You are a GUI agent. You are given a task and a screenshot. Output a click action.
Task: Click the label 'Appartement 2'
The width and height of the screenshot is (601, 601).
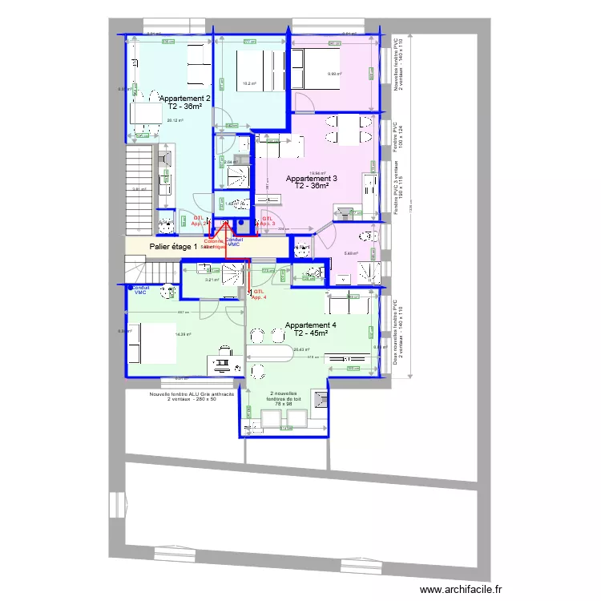[x=185, y=98]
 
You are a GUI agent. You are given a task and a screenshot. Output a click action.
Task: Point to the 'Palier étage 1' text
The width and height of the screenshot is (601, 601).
[x=173, y=247]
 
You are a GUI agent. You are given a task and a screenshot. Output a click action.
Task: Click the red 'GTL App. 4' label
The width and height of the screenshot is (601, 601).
[x=258, y=294]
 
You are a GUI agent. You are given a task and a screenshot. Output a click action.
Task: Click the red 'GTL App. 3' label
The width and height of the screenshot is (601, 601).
[x=268, y=220]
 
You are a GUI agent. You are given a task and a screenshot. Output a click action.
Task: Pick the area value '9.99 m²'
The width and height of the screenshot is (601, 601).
[x=334, y=75]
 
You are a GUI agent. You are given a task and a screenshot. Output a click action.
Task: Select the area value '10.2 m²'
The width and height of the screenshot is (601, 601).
[x=249, y=83]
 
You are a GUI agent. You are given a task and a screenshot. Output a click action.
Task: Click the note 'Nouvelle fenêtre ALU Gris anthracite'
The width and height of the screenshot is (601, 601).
[x=192, y=394]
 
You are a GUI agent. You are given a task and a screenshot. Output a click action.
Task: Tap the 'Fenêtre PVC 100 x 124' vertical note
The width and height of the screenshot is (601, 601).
[x=397, y=139]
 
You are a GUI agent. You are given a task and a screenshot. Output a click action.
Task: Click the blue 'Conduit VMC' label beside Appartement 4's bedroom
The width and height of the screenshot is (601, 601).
[x=140, y=289]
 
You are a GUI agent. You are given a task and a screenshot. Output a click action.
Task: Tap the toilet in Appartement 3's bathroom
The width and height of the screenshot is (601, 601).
[x=366, y=237]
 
